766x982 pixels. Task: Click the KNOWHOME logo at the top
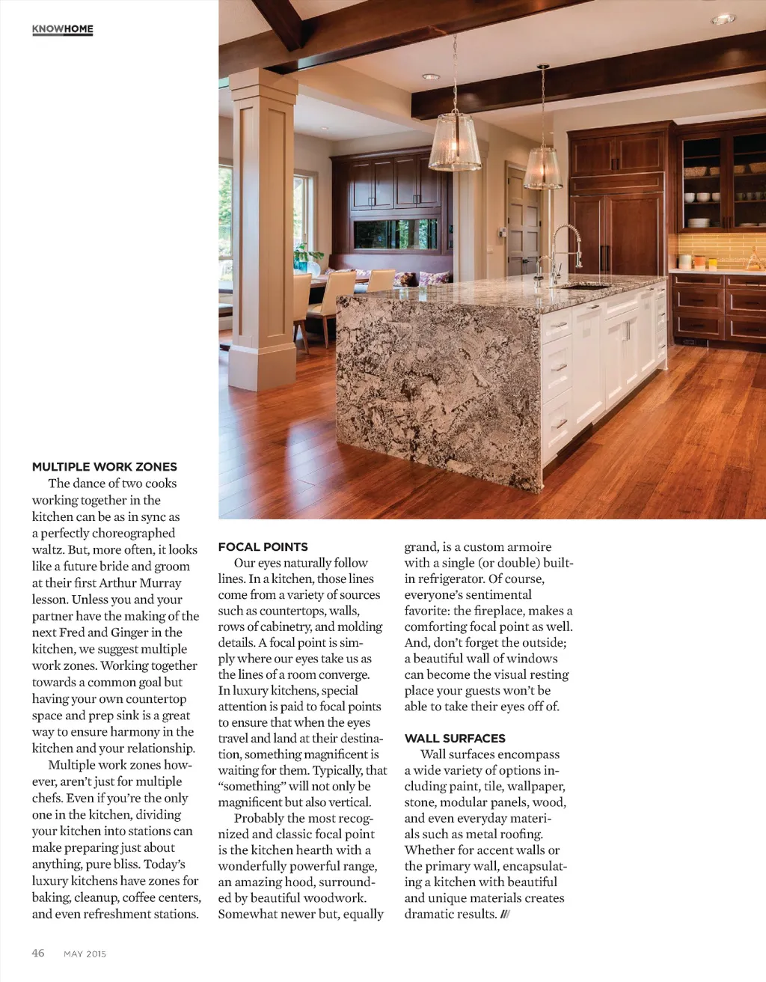pyautogui.click(x=63, y=29)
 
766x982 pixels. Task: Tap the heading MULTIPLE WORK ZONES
pyautogui.click(x=105, y=466)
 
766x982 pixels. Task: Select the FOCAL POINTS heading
pyautogui.click(x=263, y=546)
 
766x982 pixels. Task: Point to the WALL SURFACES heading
pyautogui.click(x=455, y=738)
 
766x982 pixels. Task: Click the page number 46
pyautogui.click(x=38, y=953)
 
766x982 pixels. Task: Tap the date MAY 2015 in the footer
pyautogui.click(x=85, y=954)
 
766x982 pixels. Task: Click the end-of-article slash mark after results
pyautogui.click(x=506, y=914)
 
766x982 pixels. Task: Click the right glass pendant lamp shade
pyautogui.click(x=543, y=168)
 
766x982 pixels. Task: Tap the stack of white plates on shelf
pyautogui.click(x=699, y=222)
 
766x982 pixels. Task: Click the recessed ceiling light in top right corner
pyautogui.click(x=723, y=19)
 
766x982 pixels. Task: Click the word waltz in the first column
pyautogui.click(x=48, y=549)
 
